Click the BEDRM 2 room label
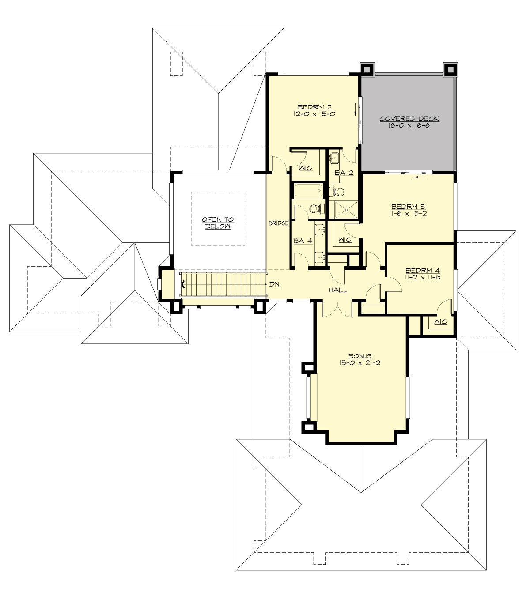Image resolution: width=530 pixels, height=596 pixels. (314, 107)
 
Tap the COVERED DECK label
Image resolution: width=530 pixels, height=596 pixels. (409, 118)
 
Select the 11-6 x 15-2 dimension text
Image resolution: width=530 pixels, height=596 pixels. (409, 213)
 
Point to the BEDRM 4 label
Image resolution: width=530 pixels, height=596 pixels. (423, 271)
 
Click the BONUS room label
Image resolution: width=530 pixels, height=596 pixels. (360, 356)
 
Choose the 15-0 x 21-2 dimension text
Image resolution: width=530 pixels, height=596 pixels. (360, 363)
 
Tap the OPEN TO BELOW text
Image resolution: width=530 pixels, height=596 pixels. (218, 223)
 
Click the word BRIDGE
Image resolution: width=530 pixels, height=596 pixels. (279, 223)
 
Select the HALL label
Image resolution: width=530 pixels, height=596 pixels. (338, 290)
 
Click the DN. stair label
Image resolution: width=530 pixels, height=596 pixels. (275, 284)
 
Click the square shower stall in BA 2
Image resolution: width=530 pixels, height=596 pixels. (346, 209)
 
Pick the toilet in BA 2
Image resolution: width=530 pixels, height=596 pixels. (337, 192)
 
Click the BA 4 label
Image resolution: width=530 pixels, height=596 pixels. (303, 241)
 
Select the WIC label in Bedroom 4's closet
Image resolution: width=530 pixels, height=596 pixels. (440, 322)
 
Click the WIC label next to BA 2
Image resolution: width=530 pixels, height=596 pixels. (306, 168)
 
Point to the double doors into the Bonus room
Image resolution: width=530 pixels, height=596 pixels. (337, 309)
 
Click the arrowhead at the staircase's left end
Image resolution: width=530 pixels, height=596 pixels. (182, 285)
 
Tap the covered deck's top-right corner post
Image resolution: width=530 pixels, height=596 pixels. (450, 69)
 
